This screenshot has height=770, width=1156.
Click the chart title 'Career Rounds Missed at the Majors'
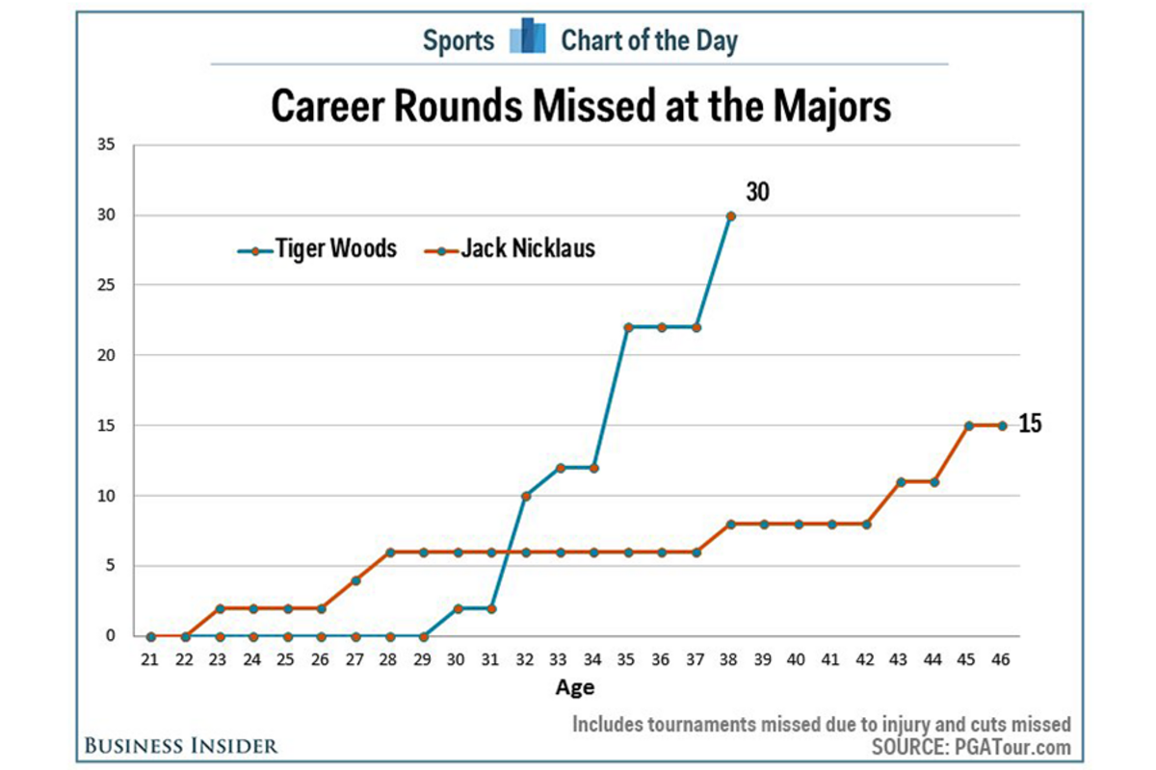pyautogui.click(x=581, y=107)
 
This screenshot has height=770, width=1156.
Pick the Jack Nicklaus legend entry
pyautogui.click(x=510, y=249)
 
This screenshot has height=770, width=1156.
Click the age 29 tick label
pyautogui.click(x=423, y=661)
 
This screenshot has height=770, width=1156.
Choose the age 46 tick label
pyautogui.click(x=1002, y=661)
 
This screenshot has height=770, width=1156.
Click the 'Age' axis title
pyautogui.click(x=575, y=687)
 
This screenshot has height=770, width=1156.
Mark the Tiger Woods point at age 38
pyautogui.click(x=730, y=216)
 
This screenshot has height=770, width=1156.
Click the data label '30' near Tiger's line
pyautogui.click(x=757, y=192)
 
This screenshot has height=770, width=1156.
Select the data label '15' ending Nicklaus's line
pyautogui.click(x=1030, y=424)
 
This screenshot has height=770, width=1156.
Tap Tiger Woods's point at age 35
pyautogui.click(x=628, y=327)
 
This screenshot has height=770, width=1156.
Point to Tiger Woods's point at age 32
pyautogui.click(x=526, y=496)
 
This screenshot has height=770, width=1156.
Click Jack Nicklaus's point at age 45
pyautogui.click(x=968, y=425)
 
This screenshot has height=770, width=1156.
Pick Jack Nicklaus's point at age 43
pyautogui.click(x=900, y=481)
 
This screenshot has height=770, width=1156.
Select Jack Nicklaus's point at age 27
pyautogui.click(x=355, y=579)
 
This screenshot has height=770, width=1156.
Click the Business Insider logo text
pyautogui.click(x=180, y=745)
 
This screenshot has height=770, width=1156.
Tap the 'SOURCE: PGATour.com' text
pyautogui.click(x=971, y=747)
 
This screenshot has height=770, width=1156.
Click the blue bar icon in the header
pyautogui.click(x=527, y=38)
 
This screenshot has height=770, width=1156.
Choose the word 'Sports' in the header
pyautogui.click(x=459, y=40)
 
